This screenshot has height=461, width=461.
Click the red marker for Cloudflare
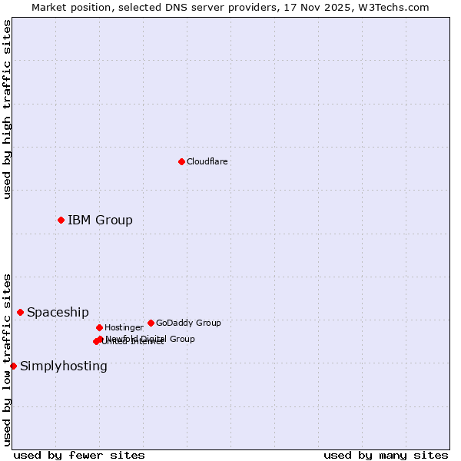tap(181, 161)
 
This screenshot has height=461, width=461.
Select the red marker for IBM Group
tap(61, 221)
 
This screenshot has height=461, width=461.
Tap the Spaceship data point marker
tap(20, 312)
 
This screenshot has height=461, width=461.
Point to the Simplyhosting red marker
tap(13, 366)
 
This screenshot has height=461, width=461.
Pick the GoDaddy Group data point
tap(151, 323)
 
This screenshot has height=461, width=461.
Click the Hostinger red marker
tap(99, 327)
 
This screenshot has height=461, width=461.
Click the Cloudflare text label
tap(207, 161)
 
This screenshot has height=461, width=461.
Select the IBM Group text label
tap(100, 221)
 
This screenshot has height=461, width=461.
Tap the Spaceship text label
tap(58, 312)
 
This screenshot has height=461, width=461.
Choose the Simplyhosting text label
tap(64, 366)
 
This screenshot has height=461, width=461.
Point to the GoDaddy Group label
tap(188, 323)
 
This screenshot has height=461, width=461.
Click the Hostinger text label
tap(124, 327)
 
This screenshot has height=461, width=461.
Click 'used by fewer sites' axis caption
tap(79, 455)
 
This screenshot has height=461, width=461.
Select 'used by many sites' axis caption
tap(386, 455)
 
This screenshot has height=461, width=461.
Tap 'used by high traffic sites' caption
tap(7, 110)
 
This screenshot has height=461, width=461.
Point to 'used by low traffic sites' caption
tap(7, 359)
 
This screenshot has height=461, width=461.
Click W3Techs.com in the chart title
tap(393, 8)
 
